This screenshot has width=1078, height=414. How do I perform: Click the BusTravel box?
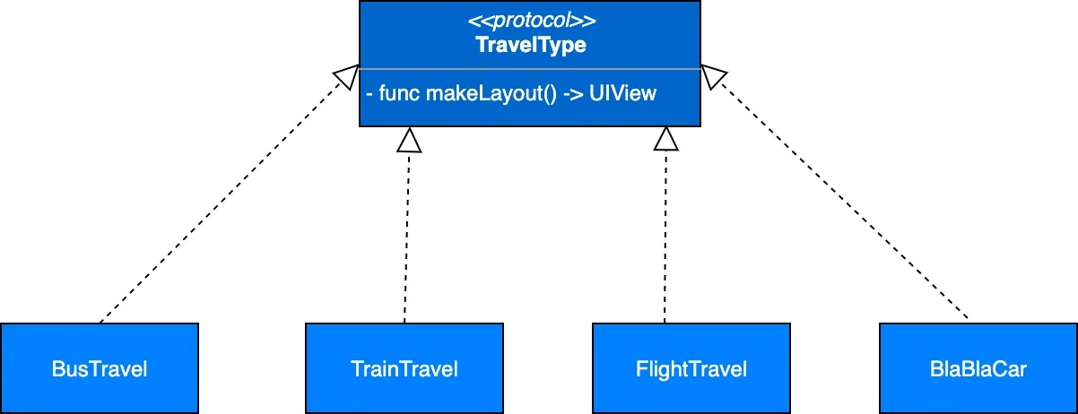click(x=99, y=368)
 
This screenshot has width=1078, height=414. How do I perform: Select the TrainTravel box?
click(x=404, y=368)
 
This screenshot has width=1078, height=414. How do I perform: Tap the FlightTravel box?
click(x=691, y=368)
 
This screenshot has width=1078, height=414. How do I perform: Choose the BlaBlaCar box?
click(x=978, y=368)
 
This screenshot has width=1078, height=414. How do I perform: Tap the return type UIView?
click(x=623, y=93)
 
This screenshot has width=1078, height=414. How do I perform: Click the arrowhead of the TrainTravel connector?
click(x=409, y=139)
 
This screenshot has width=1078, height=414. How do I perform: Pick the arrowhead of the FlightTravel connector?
click(x=665, y=139)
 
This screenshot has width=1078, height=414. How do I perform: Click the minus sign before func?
click(x=370, y=93)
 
